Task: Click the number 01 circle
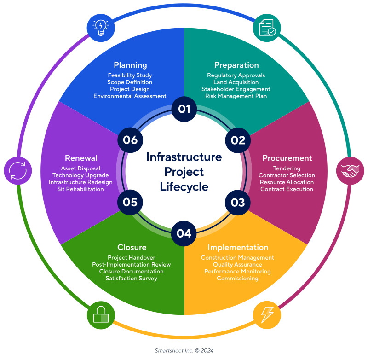[184, 109]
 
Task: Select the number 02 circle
[238, 140]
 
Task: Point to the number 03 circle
[238, 203]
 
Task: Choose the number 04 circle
[184, 233]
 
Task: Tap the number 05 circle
[130, 203]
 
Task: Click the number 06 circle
[130, 140]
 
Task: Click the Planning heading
[130, 65]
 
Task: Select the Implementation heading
[238, 247]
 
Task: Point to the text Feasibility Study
[130, 75]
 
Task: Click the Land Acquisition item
[236, 82]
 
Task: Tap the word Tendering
[287, 168]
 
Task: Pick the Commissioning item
[237, 279]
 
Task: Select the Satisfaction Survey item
[131, 278]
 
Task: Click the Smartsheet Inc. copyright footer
[184, 350]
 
